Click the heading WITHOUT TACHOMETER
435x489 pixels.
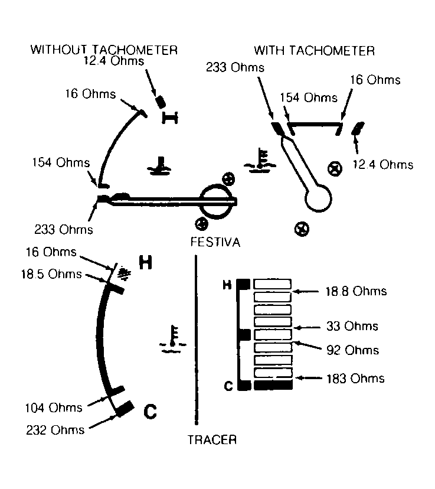click(104, 50)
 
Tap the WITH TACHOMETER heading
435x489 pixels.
click(314, 51)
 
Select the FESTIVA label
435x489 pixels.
click(215, 242)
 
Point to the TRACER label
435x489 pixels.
click(212, 440)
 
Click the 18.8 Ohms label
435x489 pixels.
click(356, 291)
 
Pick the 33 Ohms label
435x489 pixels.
click(352, 326)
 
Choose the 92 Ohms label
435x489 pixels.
click(353, 350)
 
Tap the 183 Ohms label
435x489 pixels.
click(355, 379)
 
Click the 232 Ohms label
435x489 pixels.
click(55, 430)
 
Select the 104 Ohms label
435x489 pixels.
click(54, 408)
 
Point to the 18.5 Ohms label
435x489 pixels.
click(51, 274)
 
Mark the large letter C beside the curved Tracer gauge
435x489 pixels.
click(150, 412)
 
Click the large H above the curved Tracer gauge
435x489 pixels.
click(145, 262)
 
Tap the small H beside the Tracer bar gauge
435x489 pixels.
click(227, 285)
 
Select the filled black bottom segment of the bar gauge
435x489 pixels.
click(273, 385)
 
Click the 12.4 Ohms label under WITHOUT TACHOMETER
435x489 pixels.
click(114, 60)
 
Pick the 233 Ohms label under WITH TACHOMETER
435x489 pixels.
click(235, 67)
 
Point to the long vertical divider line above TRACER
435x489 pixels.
click(196, 340)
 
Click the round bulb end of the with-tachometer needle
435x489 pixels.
click(318, 198)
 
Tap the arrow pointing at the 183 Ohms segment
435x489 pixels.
click(309, 378)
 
